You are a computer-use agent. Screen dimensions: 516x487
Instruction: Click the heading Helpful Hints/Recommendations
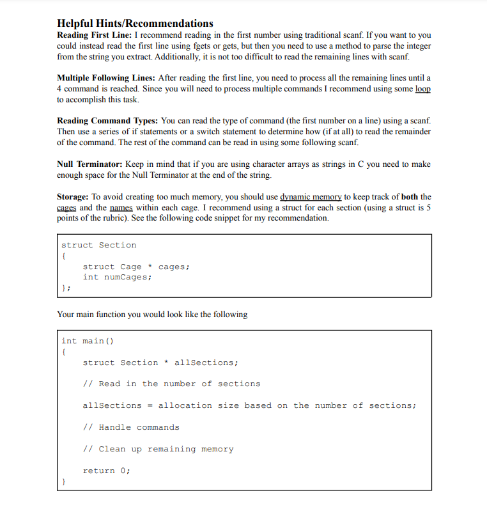[135, 24]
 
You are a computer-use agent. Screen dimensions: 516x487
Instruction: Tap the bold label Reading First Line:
[95, 35]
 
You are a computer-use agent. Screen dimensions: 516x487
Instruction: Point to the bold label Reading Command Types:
[107, 121]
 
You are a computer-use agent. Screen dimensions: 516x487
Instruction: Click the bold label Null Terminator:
[90, 164]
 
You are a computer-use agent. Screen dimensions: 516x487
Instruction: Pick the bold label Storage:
[73, 197]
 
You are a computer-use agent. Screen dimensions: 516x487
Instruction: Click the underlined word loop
[422, 89]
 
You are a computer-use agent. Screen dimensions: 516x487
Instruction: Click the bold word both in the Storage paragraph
[410, 197]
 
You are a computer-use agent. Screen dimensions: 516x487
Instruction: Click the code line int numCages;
[117, 278]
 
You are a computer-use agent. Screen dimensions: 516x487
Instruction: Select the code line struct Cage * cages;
[136, 267]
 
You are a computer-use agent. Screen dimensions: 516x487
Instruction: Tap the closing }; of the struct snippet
[65, 288]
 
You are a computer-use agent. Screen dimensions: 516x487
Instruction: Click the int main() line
[88, 341]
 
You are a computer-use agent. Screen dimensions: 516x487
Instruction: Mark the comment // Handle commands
[131, 427]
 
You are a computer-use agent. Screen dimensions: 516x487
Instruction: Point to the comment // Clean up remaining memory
[158, 449]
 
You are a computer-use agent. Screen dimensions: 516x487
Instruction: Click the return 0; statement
[106, 471]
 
